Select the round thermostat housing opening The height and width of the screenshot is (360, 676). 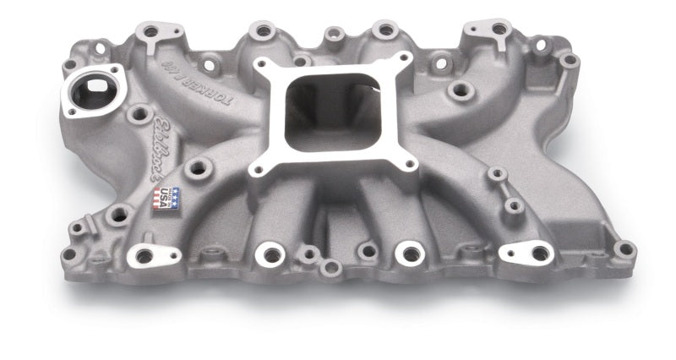point(92,91)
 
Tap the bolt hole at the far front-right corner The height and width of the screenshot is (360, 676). point(624,248)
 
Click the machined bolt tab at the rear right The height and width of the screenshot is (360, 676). point(499,29)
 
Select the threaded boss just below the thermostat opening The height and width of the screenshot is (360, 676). point(139,112)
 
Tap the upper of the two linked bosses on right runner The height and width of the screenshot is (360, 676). point(498,175)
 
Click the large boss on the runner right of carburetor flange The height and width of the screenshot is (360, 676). point(461,89)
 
